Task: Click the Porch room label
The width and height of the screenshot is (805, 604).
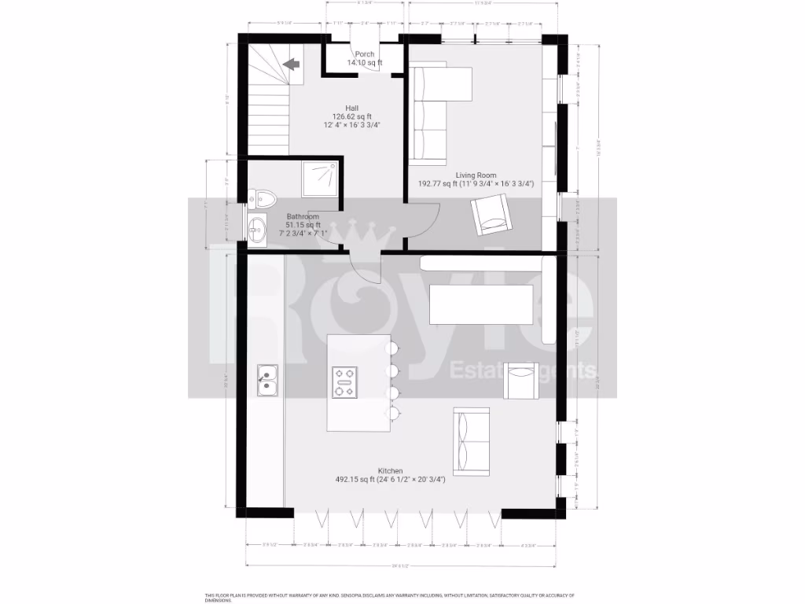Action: coord(364,53)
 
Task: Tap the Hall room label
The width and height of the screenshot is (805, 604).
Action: coord(351,108)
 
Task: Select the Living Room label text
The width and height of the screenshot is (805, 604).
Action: coord(476,175)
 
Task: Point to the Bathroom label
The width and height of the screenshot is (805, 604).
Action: coord(303,216)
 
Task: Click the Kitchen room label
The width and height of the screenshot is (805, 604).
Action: coord(390,470)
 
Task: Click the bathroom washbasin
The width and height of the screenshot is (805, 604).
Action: coord(257,230)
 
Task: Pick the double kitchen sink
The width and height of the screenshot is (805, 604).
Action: coord(267,379)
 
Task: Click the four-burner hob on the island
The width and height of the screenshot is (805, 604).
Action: coord(344,382)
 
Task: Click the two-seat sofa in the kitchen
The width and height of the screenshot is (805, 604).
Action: coord(471,438)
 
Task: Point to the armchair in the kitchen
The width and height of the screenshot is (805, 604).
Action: coord(520,381)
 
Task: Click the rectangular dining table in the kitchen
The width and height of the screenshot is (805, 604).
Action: coord(482,304)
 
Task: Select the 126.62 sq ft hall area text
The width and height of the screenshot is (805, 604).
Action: coord(351,116)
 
